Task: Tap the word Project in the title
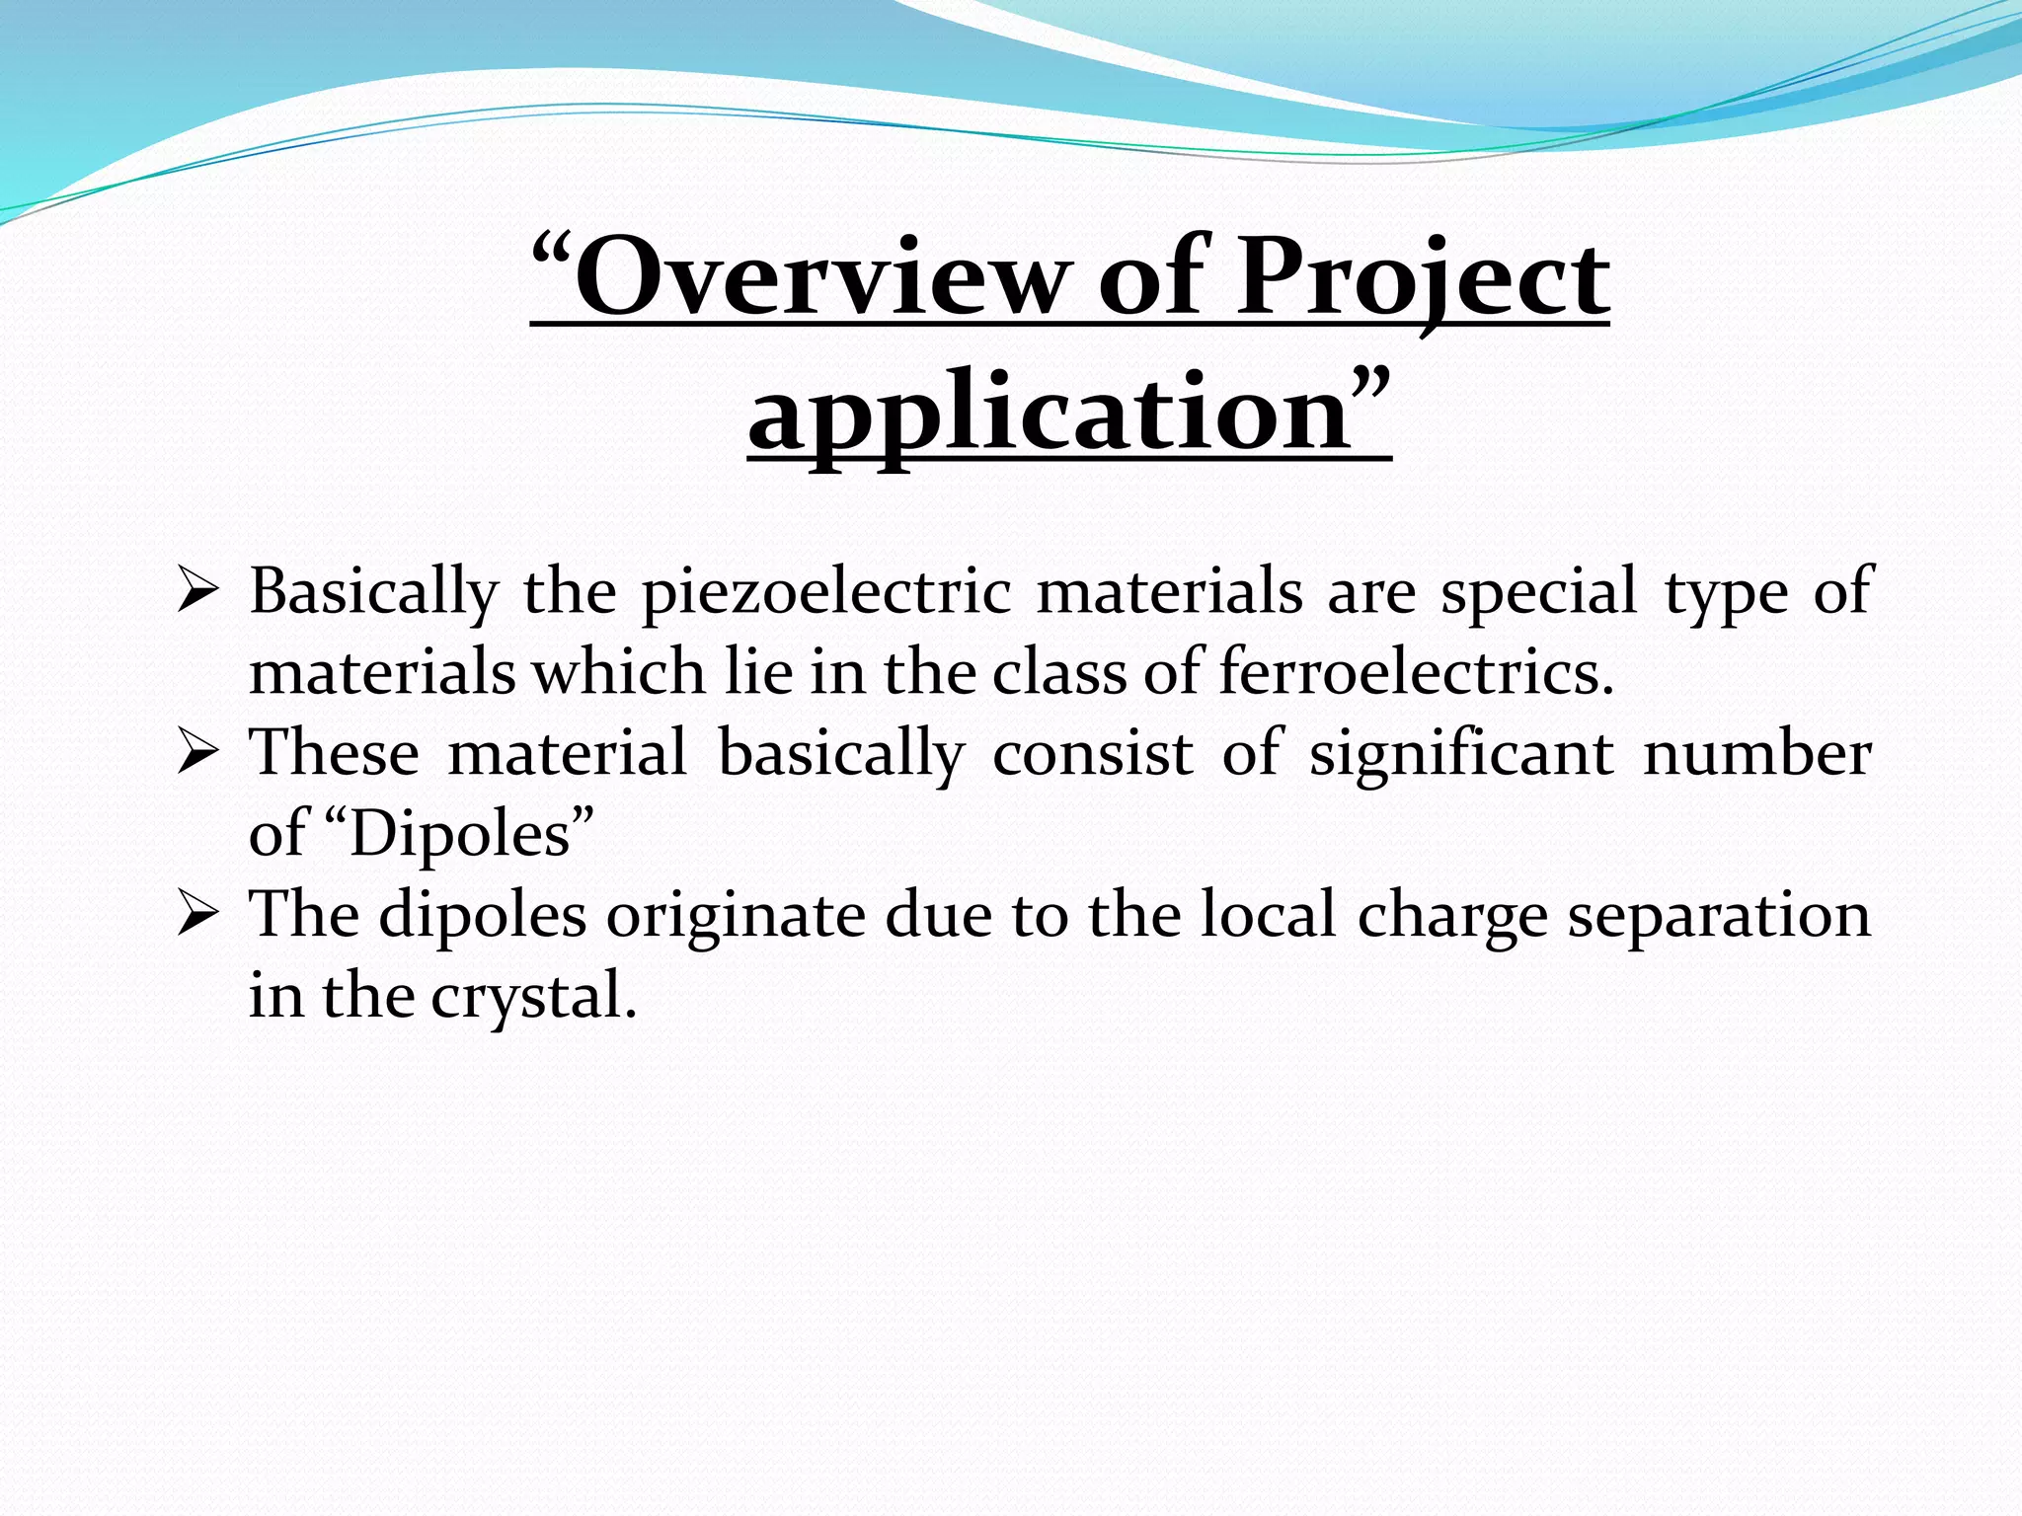(1423, 278)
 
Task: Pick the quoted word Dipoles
(459, 835)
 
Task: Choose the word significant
(1461, 755)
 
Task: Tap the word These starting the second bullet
(335, 755)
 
